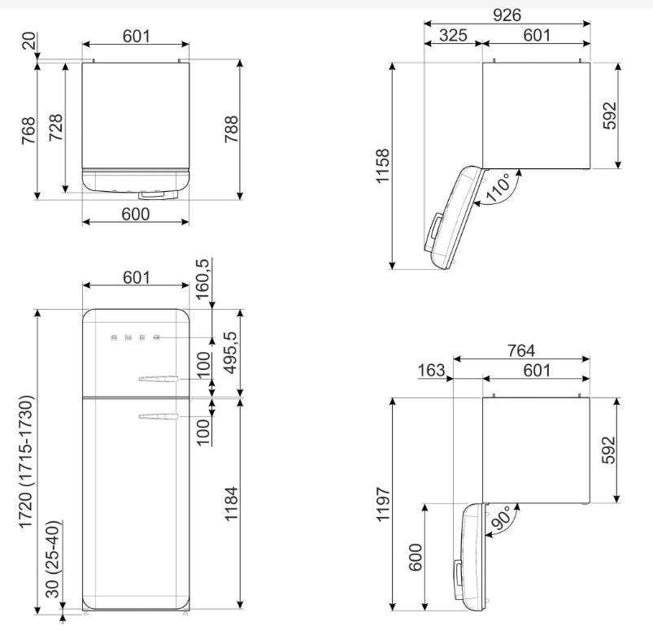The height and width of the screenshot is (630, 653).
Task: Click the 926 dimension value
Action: click(x=507, y=15)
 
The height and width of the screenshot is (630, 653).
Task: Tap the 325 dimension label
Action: click(x=453, y=36)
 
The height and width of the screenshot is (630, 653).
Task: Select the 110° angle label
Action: click(x=498, y=189)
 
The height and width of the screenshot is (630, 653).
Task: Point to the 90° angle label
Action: click(x=501, y=518)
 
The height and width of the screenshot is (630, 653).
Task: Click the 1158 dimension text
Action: click(x=382, y=165)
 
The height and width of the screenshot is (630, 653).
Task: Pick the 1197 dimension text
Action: click(x=382, y=504)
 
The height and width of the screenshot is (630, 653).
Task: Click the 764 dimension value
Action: click(x=520, y=350)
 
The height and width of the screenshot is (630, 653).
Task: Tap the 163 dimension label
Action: click(x=431, y=370)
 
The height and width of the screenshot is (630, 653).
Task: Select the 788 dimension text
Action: click(x=231, y=129)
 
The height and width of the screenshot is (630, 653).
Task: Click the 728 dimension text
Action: click(x=55, y=128)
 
